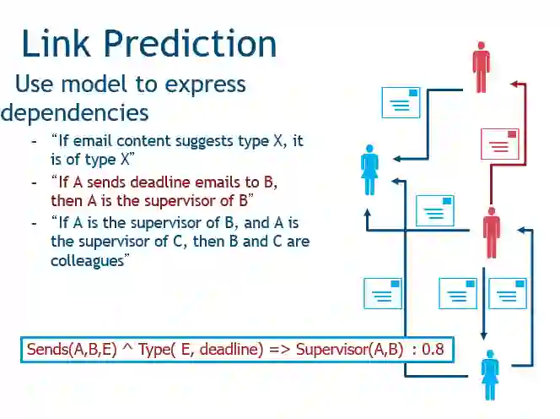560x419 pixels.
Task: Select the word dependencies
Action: tap(75, 112)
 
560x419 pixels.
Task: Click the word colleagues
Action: tap(89, 260)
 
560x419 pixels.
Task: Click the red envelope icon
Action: tap(499, 144)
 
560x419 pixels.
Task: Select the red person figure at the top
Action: tap(482, 68)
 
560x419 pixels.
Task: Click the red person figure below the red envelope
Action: tap(491, 231)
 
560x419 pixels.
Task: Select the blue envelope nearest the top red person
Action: tap(401, 102)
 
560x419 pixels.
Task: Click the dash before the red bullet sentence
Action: tap(34, 182)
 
